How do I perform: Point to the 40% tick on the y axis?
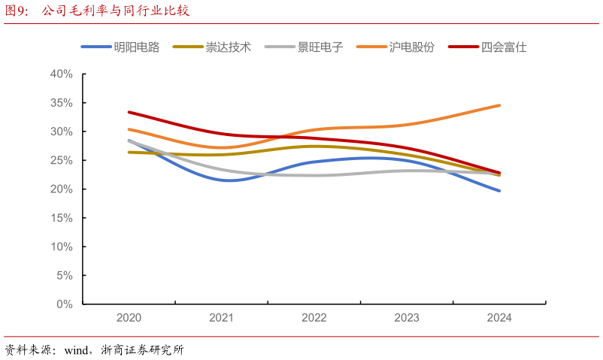pos(61,74)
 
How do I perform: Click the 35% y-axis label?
pos(61,103)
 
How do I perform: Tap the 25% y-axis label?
pos(61,161)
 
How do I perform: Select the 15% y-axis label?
pos(61,218)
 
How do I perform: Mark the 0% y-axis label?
pos(64,304)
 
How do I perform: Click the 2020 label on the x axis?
pos(129,318)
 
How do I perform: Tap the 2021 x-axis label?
pos(221,318)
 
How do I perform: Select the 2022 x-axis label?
pos(314,318)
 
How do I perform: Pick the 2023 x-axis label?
pos(407,318)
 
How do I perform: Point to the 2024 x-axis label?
pos(499,318)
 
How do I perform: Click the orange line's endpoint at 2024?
pos(499,105)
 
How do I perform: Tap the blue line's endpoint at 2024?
pos(499,191)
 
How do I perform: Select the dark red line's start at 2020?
pos(129,112)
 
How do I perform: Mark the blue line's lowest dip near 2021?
pos(227,180)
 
